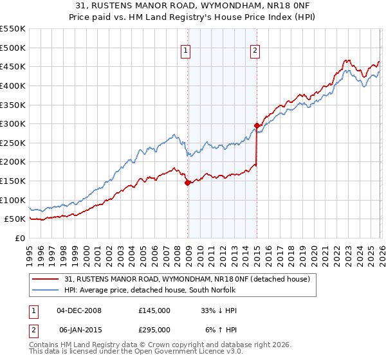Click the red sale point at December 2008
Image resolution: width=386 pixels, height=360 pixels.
pos(188,183)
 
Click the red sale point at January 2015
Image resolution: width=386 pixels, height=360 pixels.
pos(257,126)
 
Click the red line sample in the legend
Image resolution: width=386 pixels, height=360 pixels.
pos(46,279)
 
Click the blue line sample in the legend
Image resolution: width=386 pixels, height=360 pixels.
pos(46,289)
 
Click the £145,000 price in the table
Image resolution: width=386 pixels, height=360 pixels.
pos(154,310)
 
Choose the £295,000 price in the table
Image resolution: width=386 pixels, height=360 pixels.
pos(154,330)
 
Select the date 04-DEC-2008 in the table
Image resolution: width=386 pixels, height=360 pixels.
pos(79,310)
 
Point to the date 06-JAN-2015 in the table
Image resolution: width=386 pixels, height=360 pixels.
pos(79,330)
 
